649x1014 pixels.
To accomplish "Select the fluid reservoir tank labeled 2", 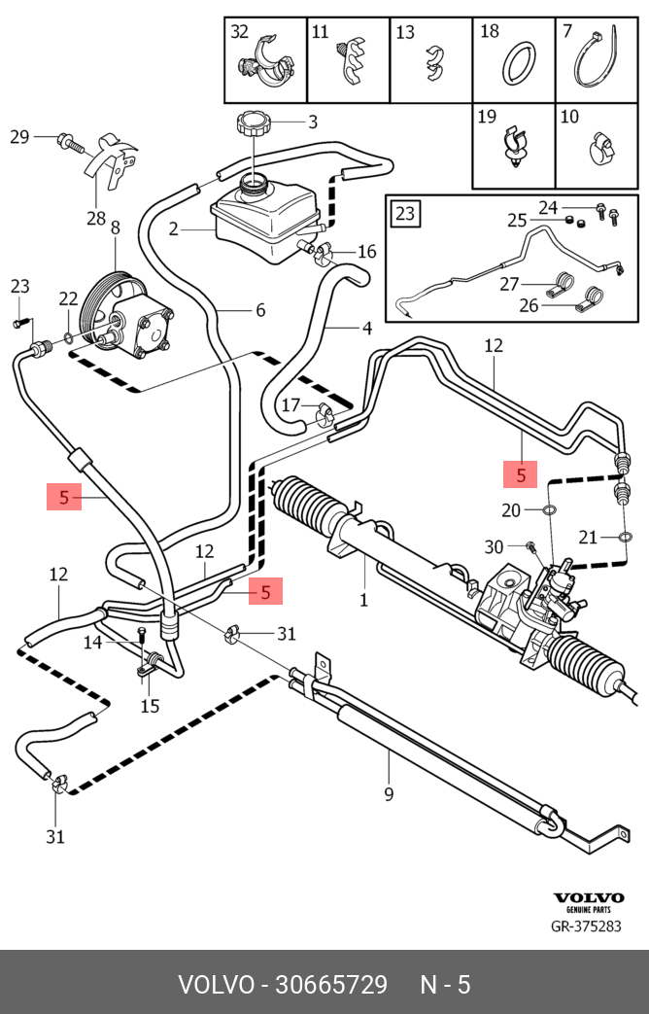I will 262,215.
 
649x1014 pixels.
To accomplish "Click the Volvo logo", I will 588,898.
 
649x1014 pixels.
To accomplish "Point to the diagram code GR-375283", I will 586,927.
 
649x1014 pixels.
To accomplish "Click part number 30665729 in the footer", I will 331,985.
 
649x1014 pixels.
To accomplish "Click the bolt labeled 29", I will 66,141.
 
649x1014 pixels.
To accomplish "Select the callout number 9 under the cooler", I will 389,794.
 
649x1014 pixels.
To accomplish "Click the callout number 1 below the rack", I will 363,600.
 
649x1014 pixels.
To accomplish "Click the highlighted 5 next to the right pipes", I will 521,475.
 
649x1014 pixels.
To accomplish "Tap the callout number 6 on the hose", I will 259,310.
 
